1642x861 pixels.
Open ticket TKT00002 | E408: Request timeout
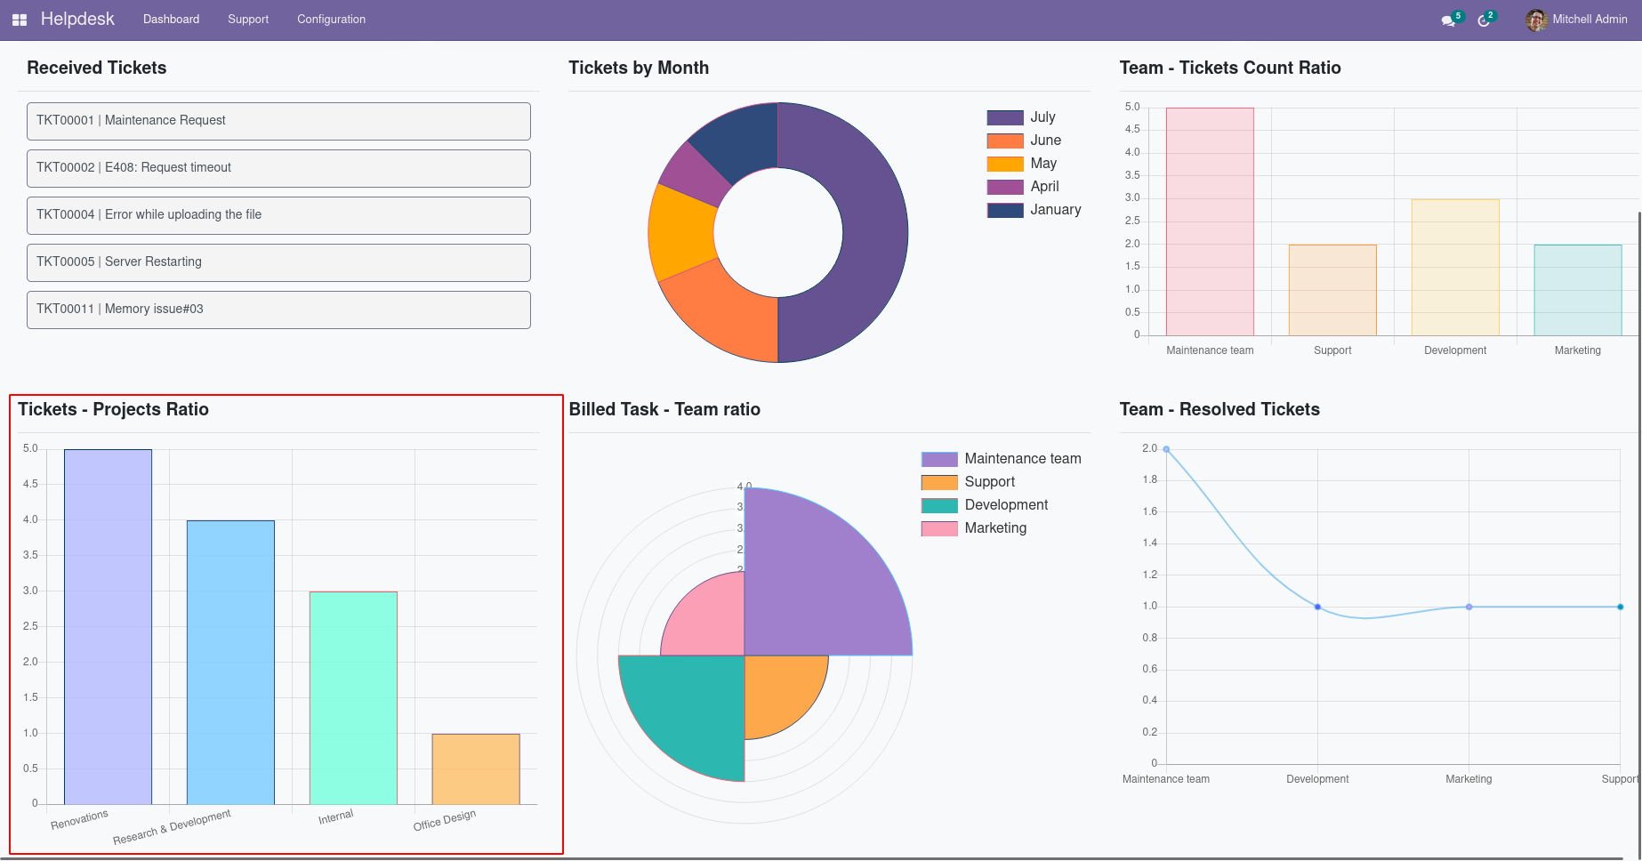[278, 168]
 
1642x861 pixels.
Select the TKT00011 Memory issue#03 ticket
[278, 310]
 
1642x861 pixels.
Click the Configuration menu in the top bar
[331, 20]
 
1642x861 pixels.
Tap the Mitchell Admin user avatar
[1536, 20]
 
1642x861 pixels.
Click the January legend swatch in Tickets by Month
[1005, 210]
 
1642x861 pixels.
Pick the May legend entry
[1042, 164]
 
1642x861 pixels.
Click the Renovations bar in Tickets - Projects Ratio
[108, 627]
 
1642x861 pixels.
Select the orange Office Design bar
[476, 769]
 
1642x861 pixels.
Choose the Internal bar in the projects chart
[353, 698]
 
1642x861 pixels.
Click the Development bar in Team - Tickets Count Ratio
[1455, 268]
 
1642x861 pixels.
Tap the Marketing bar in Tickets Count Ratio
[1578, 290]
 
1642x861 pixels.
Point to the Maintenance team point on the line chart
[1166, 449]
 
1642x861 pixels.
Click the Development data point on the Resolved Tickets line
[1317, 607]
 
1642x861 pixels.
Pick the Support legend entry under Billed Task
[989, 482]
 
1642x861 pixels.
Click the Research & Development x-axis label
[172, 827]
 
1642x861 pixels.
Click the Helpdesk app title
[77, 20]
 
